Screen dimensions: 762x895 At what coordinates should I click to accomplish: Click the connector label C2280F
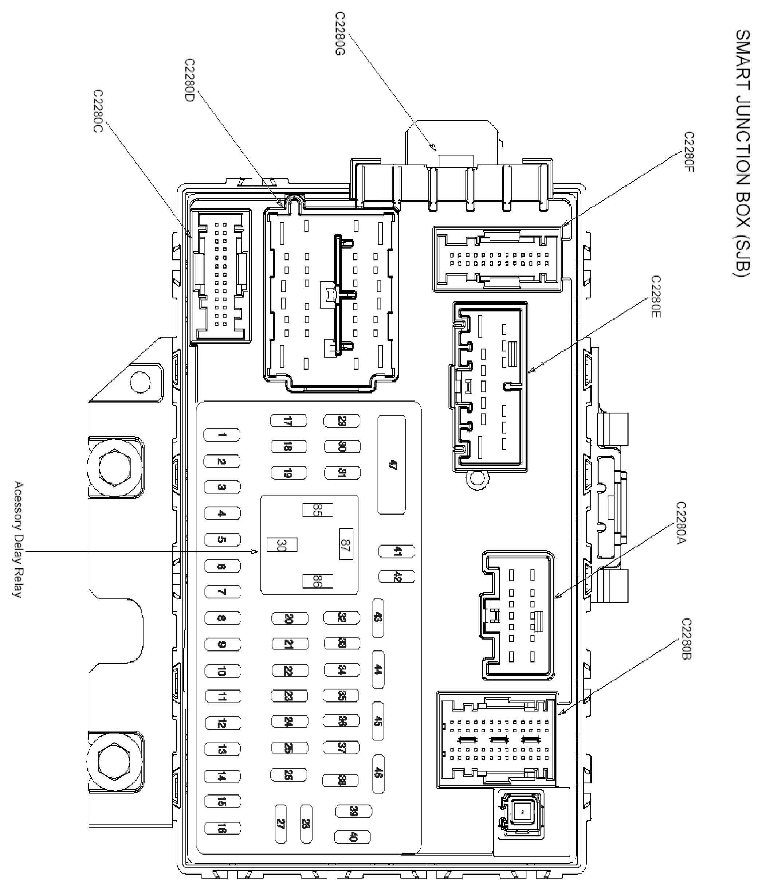coord(689,152)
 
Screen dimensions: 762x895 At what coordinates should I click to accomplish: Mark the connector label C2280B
coord(687,639)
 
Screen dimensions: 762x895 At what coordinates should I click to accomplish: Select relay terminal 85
coord(317,510)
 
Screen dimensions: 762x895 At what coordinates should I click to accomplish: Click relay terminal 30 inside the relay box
coord(282,545)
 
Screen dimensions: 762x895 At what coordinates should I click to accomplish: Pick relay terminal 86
coord(317,581)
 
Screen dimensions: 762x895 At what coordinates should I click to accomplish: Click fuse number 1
coord(221,435)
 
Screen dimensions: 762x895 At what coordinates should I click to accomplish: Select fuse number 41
coord(396,551)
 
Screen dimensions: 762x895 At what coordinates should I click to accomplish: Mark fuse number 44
coord(378,670)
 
